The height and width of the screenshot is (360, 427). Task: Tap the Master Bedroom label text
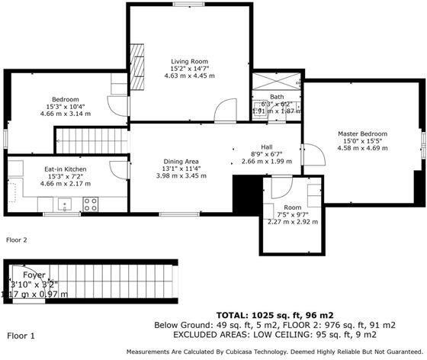pos(362,133)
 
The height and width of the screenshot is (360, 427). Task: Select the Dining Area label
pos(181,161)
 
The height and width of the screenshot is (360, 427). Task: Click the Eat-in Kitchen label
pos(65,169)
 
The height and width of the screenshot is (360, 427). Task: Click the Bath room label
pos(276,97)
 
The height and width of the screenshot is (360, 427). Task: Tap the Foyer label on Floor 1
pos(34,275)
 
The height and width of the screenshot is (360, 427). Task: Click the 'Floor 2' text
pos(16,239)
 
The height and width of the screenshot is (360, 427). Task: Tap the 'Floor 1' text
pos(21,335)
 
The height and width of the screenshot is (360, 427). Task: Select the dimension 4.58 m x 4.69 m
pos(362,149)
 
